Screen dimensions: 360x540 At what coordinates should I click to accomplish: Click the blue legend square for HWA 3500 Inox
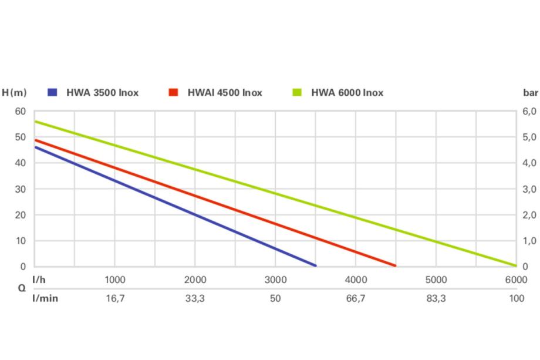53,92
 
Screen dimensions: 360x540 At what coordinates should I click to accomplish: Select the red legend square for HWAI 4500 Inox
173,92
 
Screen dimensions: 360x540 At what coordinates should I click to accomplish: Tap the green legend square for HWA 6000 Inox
298,92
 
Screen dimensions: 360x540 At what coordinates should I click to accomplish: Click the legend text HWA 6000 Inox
347,92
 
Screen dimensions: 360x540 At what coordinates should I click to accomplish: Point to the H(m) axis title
15,92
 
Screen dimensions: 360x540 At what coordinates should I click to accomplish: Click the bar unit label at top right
530,92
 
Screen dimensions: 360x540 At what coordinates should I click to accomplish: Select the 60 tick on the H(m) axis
21,111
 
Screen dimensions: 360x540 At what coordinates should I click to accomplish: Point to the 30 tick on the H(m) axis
21,189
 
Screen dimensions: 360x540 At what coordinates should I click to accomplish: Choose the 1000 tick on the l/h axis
115,280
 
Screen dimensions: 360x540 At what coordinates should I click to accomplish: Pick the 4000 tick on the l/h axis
356,280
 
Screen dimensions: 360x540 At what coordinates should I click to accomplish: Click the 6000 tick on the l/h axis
516,280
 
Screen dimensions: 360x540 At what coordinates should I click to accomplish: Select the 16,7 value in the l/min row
115,298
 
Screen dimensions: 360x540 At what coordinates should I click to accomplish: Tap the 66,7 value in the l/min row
356,298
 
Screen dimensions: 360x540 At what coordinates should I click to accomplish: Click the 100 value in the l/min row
517,298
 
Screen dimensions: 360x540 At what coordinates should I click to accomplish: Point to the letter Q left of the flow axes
22,288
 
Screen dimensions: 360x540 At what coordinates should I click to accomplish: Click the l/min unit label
45,298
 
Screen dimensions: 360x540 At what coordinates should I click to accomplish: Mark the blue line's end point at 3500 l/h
315,265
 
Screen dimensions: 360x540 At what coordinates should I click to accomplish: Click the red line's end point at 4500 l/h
395,265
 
